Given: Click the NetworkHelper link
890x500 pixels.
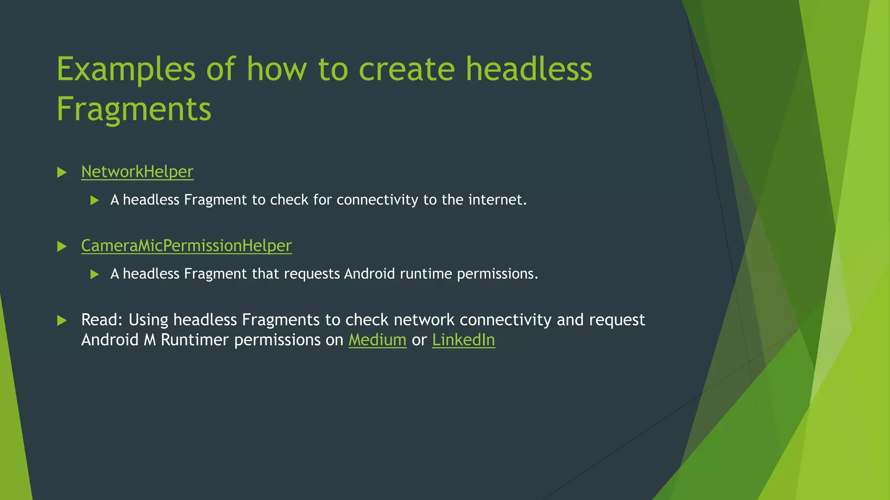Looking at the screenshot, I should coord(137,172).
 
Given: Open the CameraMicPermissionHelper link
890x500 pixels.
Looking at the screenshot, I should coord(186,246).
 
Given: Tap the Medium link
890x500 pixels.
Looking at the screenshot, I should coord(377,340).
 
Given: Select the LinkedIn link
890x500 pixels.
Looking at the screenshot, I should coord(463,340).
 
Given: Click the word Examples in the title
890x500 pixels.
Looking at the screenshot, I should coord(126,69).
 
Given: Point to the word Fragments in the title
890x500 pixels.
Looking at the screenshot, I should coord(134,109).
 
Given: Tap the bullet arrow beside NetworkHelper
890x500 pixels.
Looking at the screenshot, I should coord(62,173).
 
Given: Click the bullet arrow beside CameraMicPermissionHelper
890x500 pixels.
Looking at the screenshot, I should coord(62,247).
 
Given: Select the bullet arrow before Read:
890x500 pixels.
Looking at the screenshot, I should coord(62,321).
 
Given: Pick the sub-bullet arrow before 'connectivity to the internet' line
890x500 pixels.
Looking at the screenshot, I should coord(94,201).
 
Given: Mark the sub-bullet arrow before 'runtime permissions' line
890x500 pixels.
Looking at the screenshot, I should coord(94,274).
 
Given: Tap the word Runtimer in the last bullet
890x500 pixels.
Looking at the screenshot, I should coord(195,340).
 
